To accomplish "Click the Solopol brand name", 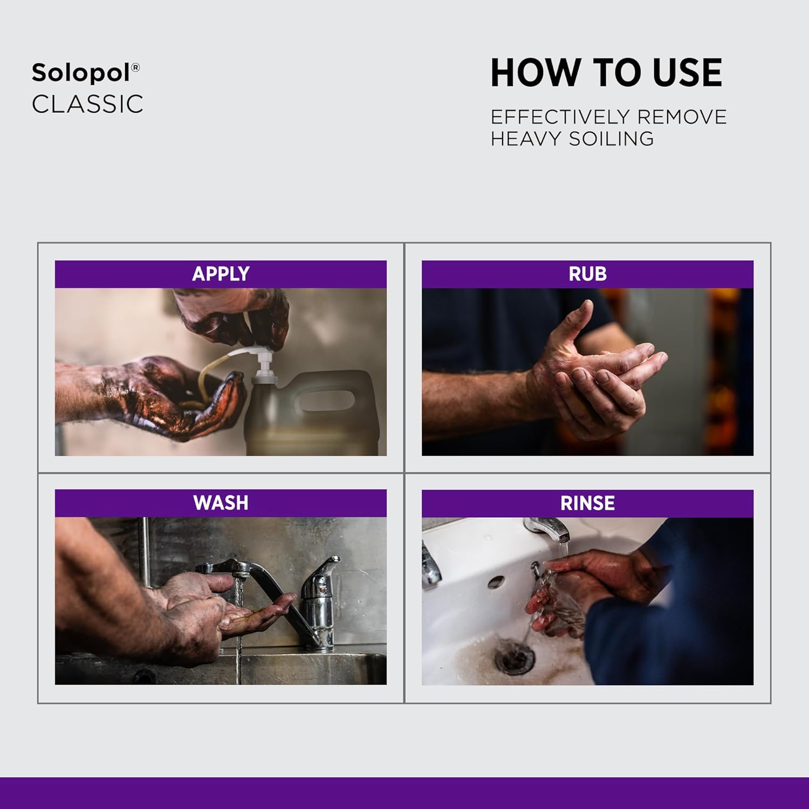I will pyautogui.click(x=81, y=73).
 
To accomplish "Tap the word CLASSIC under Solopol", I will pyautogui.click(x=87, y=105).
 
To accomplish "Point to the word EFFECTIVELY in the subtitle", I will pyautogui.click(x=560, y=117).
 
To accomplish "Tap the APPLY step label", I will pyautogui.click(x=221, y=274).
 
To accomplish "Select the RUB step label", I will pyautogui.click(x=587, y=274).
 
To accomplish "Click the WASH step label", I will pyautogui.click(x=221, y=503).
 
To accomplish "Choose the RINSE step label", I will pyautogui.click(x=587, y=504).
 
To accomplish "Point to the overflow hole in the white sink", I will pyautogui.click(x=496, y=582).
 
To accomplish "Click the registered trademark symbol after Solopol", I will pyautogui.click(x=135, y=67).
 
